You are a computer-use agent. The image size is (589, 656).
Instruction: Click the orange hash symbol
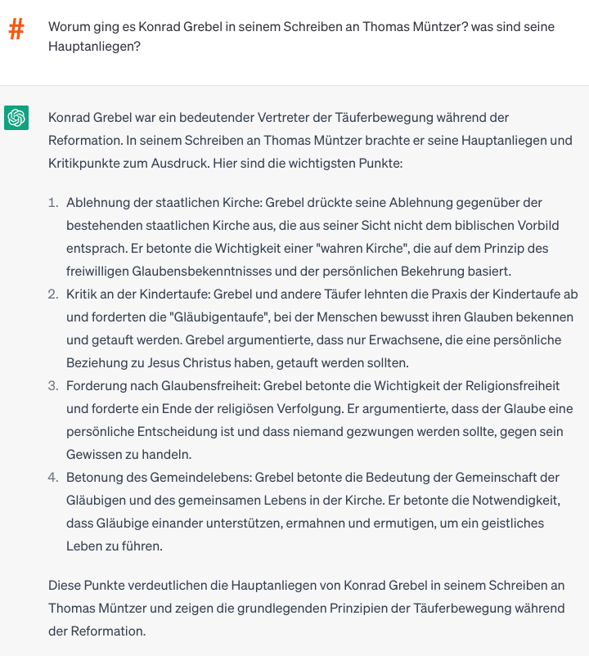(16, 31)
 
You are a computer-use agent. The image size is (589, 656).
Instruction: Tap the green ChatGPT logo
(16, 118)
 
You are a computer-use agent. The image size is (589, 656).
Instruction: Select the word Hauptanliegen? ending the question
(94, 47)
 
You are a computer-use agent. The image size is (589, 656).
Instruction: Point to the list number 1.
(53, 202)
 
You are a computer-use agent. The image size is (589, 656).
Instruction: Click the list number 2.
(53, 294)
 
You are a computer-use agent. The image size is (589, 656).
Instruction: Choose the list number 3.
(53, 385)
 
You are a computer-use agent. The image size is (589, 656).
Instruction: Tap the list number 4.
(53, 477)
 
